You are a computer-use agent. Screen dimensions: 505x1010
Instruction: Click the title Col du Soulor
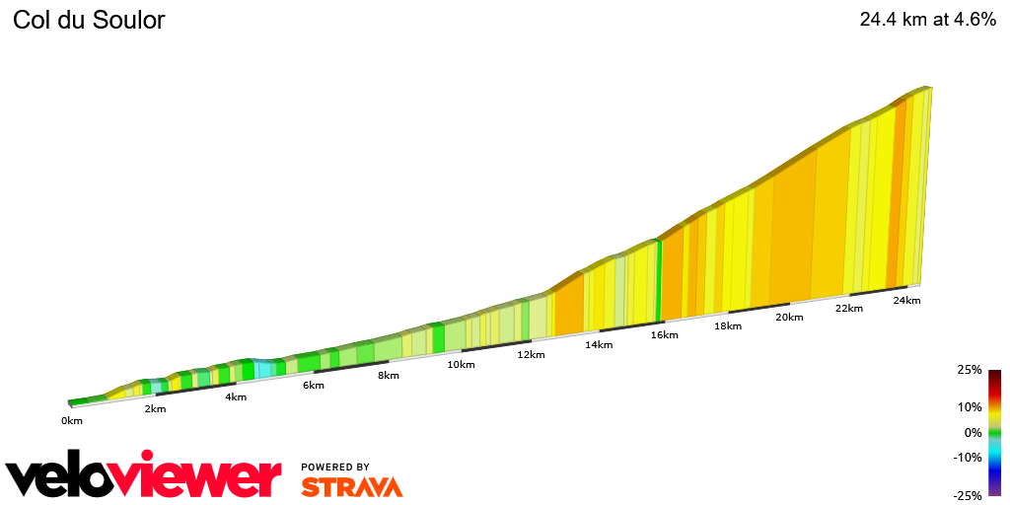(89, 20)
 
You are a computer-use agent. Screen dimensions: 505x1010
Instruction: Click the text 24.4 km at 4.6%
(927, 20)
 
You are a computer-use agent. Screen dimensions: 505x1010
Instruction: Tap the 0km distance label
(72, 420)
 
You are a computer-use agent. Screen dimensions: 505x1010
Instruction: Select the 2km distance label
(155, 408)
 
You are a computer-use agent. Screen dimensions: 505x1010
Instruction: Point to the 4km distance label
(235, 397)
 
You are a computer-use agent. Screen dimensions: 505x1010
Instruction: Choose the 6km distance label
(314, 385)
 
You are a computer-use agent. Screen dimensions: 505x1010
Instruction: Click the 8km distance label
(389, 375)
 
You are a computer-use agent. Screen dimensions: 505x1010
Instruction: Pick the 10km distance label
(461, 364)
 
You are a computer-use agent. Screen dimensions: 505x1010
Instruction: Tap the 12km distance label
(531, 354)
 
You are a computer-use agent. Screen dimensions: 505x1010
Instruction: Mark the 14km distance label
(599, 344)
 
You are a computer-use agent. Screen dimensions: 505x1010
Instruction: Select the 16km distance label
(664, 334)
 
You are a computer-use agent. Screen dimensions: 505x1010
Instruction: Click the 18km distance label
(728, 325)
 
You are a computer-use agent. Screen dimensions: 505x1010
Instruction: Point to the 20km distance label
(789, 317)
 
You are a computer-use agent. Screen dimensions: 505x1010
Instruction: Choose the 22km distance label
(848, 308)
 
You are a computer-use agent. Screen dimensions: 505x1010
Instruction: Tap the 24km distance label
(906, 300)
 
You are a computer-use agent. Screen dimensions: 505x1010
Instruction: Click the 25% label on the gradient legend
(969, 370)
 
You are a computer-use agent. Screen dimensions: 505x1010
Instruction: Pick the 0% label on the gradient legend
(973, 432)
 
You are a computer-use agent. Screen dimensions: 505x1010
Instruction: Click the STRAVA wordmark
(351, 486)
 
